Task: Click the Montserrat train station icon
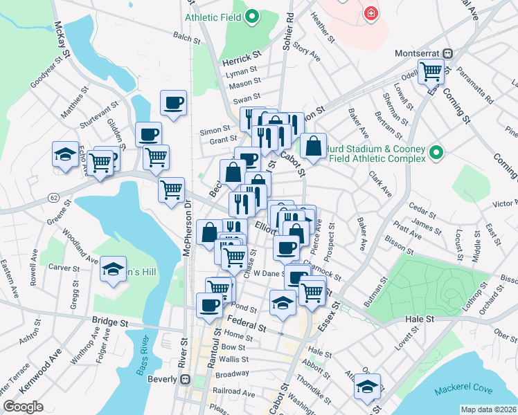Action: tap(448, 53)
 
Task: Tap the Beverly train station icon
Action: tap(185, 379)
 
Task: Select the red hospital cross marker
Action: tap(372, 12)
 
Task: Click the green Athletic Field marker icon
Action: tap(252, 15)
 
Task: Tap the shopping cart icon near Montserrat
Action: tap(431, 70)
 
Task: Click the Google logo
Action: tap(22, 407)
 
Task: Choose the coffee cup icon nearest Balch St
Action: tap(174, 103)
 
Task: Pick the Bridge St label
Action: tap(111, 322)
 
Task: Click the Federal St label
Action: tap(247, 324)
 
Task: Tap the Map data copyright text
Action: tap(488, 409)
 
